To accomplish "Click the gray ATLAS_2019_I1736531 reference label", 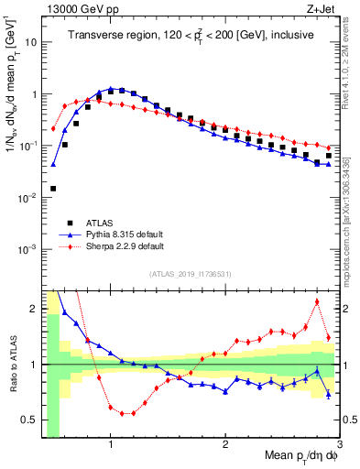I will (190, 274).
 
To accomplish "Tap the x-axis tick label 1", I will (111, 446).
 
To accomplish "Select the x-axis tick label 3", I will (339, 446).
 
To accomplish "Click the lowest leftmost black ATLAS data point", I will (53, 189).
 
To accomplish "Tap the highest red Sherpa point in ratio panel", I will (317, 301).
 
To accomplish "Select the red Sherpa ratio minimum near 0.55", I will (122, 413).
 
